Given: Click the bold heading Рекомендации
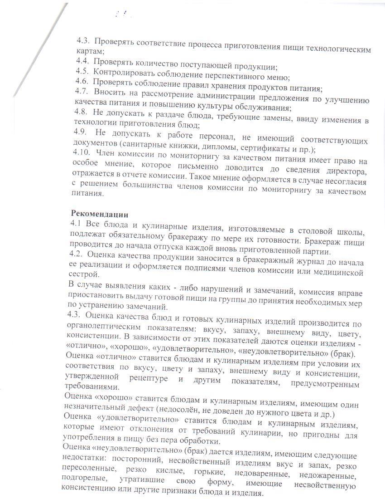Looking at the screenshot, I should (100, 213).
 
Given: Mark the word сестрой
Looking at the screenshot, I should (82, 274).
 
